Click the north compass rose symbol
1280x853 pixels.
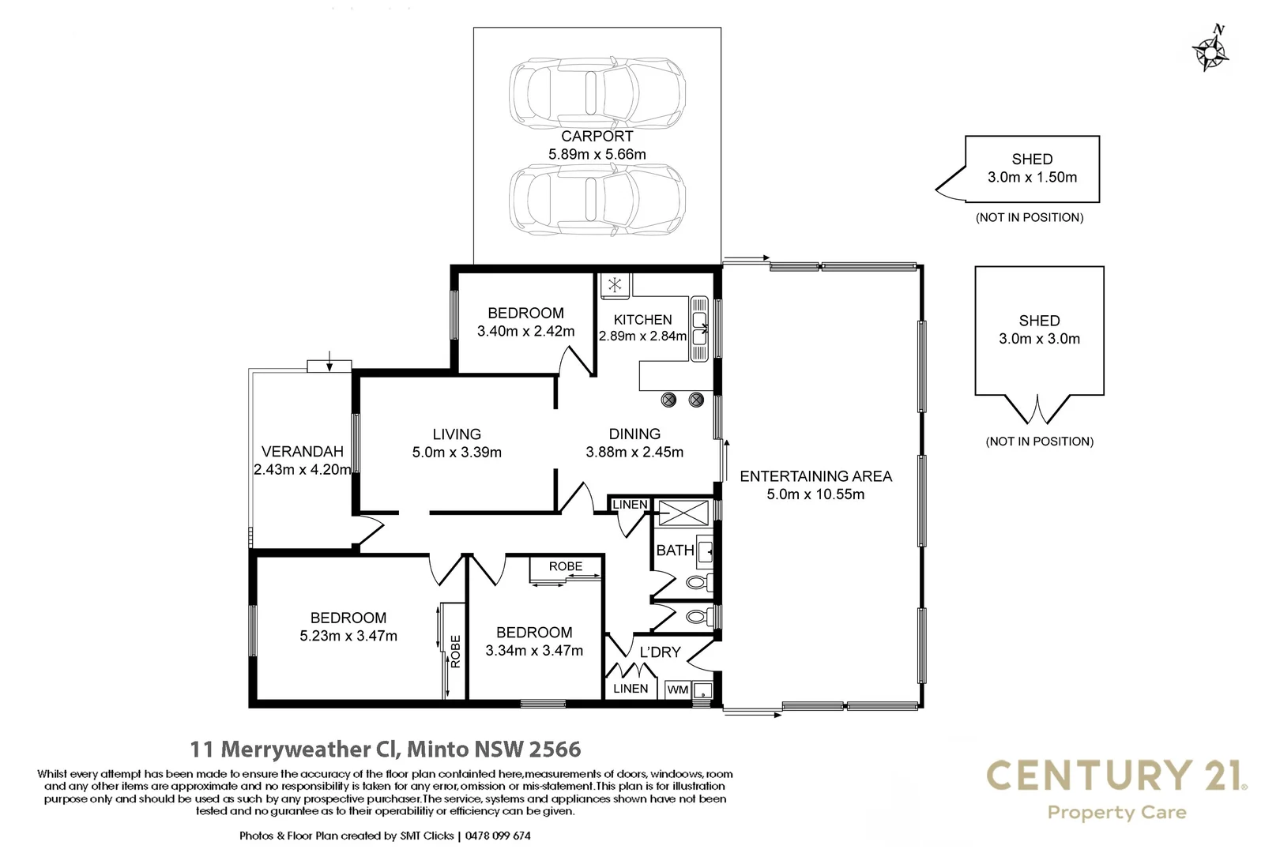point(1210,51)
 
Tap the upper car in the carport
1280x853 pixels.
point(597,92)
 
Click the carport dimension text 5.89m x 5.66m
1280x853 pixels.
point(597,155)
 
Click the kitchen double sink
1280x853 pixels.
point(700,329)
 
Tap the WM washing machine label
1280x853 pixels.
point(678,690)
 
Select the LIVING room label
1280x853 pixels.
point(457,434)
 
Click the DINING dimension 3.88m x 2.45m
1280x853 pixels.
point(634,453)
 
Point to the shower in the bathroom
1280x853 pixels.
point(684,513)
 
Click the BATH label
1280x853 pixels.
point(675,551)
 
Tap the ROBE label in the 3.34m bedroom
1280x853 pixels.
point(566,566)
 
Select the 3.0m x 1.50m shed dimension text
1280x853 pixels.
point(1032,178)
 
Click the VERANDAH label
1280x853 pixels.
point(302,452)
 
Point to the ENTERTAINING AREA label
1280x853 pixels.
point(815,476)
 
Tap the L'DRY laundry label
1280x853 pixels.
point(660,652)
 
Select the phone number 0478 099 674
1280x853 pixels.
point(498,836)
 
